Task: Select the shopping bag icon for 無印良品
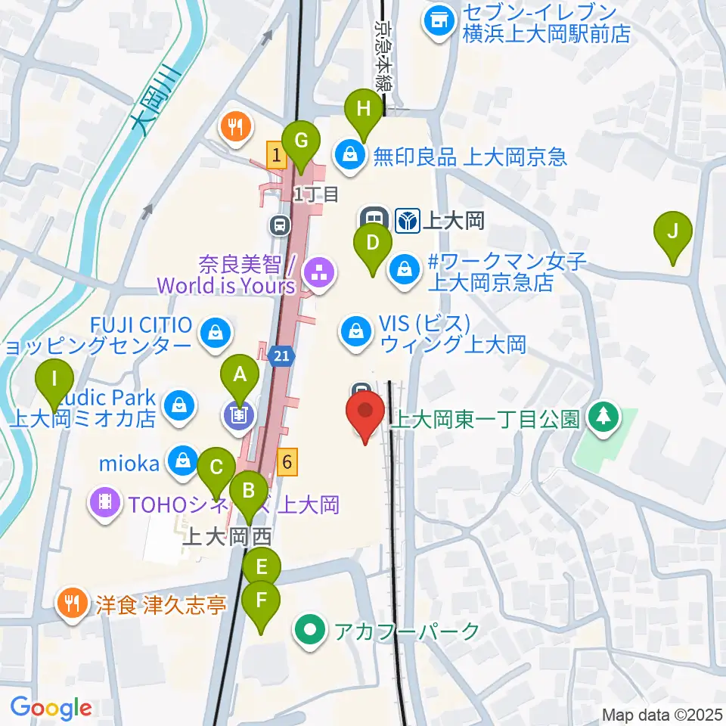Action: (350, 156)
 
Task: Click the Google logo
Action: (51, 707)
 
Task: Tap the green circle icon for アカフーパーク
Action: (309, 629)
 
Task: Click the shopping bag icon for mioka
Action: (182, 458)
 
